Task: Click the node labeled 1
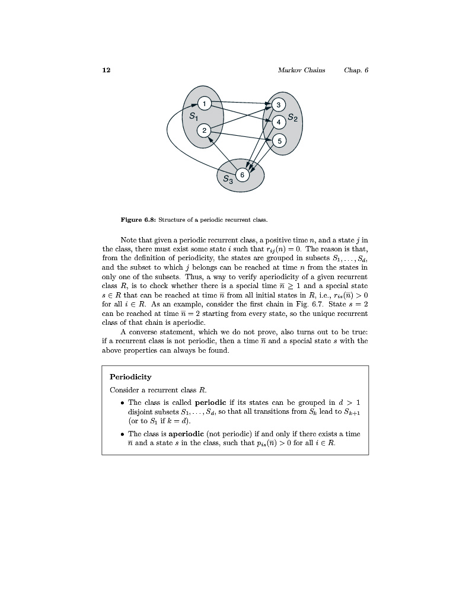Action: coord(204,104)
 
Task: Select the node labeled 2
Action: coord(204,130)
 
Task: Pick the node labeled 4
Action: coord(279,123)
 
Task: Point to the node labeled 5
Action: coord(279,140)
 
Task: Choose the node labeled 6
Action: coord(243,174)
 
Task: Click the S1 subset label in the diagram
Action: coord(193,117)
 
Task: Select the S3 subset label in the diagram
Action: coord(228,179)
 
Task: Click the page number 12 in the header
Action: coord(106,70)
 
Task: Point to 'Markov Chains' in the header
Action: coord(301,70)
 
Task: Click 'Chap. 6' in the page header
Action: coord(356,70)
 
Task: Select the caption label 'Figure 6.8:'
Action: coord(138,220)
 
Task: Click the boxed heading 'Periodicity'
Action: coord(130,377)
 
